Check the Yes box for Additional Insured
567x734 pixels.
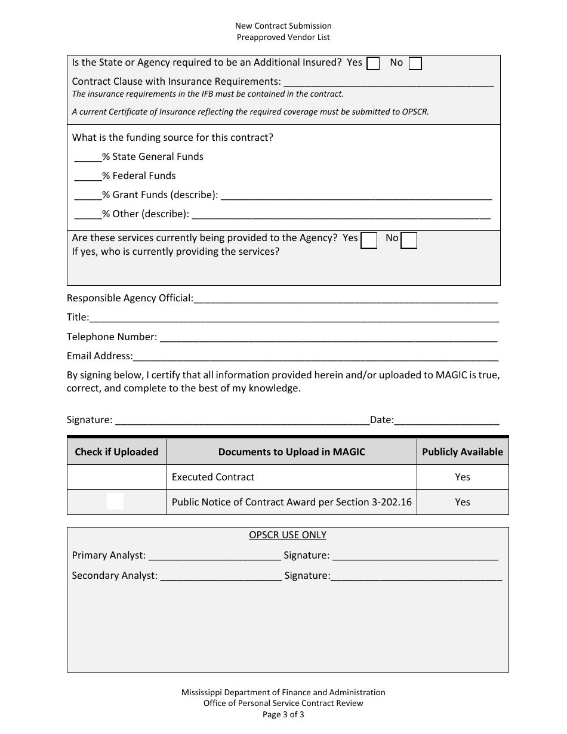(373, 63)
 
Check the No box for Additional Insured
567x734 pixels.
(415, 63)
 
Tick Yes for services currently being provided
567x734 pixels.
(369, 240)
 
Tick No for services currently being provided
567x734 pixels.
(409, 240)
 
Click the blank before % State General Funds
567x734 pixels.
(88, 158)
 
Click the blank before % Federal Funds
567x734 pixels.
(88, 177)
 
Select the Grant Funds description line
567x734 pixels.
(356, 196)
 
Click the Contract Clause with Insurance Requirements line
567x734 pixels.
(389, 82)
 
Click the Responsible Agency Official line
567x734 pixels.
(346, 298)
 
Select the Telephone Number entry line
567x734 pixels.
(328, 338)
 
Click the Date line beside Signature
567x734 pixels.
(446, 421)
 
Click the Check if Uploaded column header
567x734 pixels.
(116, 452)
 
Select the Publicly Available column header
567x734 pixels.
(463, 452)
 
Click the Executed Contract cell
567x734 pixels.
(291, 477)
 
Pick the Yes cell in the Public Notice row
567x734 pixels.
(463, 502)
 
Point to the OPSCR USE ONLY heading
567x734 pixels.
(288, 535)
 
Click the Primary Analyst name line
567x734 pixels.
(214, 556)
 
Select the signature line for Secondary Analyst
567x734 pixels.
(416, 576)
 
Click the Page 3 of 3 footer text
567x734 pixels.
(283, 714)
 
